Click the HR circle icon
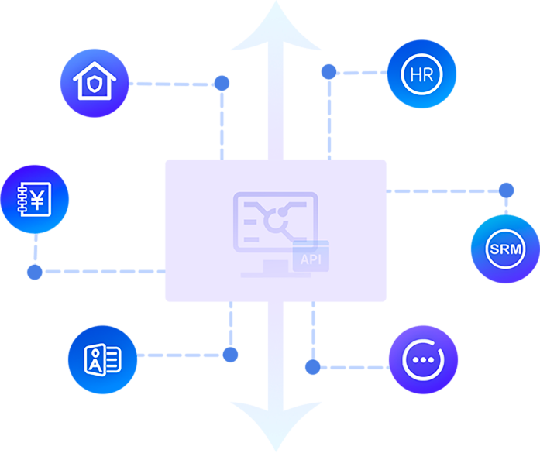pyautogui.click(x=421, y=74)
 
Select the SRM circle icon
pyautogui.click(x=505, y=249)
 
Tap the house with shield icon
pyautogui.click(x=95, y=83)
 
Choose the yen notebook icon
pyautogui.click(x=34, y=199)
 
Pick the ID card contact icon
pyautogui.click(x=102, y=359)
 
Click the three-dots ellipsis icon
pyautogui.click(x=423, y=360)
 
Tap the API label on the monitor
pyautogui.click(x=311, y=259)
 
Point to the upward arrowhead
pyautogui.click(x=276, y=26)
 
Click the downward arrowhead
pyautogui.click(x=276, y=427)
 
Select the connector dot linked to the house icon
pyautogui.click(x=222, y=83)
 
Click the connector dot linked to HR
pyautogui.click(x=329, y=71)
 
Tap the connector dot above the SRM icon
pyautogui.click(x=506, y=190)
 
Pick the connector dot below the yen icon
pyautogui.click(x=35, y=272)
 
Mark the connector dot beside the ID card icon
pyautogui.click(x=230, y=355)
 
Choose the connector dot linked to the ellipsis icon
pyautogui.click(x=313, y=367)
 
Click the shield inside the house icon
pyautogui.click(x=95, y=84)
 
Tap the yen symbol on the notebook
pyautogui.click(x=37, y=200)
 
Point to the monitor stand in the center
pyautogui.click(x=276, y=269)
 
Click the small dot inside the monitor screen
pyautogui.click(x=283, y=212)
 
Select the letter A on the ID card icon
pyautogui.click(x=95, y=365)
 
